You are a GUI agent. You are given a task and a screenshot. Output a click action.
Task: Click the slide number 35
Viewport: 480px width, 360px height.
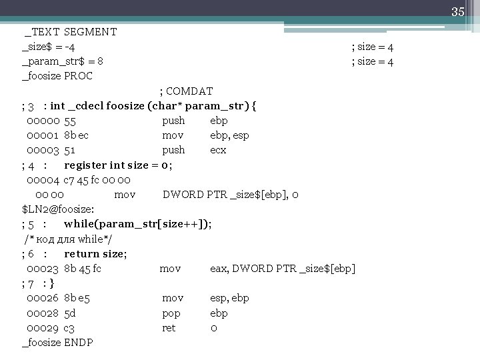[x=457, y=12]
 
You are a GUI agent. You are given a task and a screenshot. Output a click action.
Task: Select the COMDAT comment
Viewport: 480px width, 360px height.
[x=186, y=91]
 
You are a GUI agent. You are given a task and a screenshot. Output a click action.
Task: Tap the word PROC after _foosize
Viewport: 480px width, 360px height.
[x=79, y=76]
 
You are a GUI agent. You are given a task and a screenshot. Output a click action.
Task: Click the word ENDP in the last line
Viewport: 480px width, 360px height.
[x=79, y=343]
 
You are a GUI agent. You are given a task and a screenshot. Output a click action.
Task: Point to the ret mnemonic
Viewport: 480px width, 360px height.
[x=169, y=328]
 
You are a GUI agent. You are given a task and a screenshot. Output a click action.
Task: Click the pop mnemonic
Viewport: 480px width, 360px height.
[x=171, y=313]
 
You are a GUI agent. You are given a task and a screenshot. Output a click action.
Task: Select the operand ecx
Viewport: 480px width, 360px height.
[x=218, y=150]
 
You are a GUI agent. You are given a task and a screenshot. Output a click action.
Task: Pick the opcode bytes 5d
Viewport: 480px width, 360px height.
[x=71, y=313]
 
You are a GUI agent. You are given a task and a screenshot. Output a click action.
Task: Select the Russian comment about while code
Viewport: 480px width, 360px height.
[x=67, y=239]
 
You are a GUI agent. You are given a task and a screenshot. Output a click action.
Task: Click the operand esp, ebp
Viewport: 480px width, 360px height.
[x=229, y=298]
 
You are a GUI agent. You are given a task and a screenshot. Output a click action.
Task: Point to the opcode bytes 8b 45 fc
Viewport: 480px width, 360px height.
[x=83, y=269]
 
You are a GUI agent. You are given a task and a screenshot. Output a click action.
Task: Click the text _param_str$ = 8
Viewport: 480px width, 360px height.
[x=63, y=61]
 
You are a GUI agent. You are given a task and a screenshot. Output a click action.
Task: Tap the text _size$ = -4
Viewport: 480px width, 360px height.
[x=48, y=47]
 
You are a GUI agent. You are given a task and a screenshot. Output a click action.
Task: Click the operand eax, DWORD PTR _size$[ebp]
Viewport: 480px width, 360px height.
[x=283, y=269]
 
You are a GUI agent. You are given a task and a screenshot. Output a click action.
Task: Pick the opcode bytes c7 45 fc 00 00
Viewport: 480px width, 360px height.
[x=97, y=180]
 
